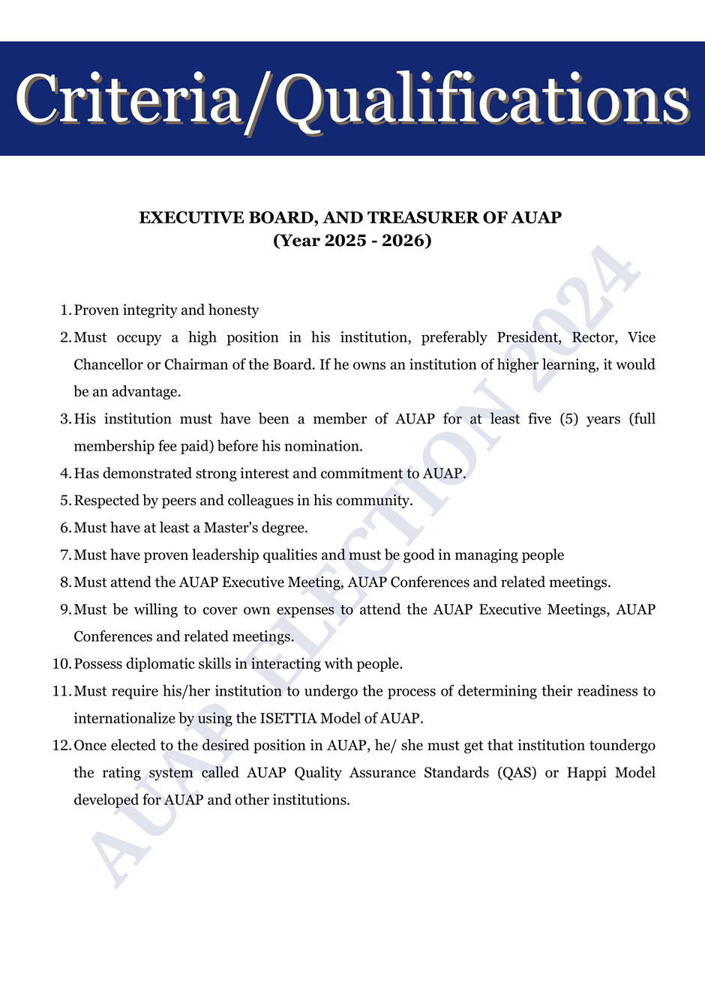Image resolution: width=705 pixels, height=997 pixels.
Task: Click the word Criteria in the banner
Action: click(x=128, y=99)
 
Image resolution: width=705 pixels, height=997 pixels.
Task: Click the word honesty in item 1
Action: click(x=233, y=310)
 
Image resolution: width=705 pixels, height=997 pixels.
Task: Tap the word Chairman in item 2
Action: click(x=199, y=365)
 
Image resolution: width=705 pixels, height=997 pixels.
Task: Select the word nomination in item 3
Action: click(x=325, y=446)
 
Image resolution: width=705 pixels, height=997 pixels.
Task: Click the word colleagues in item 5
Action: click(x=259, y=501)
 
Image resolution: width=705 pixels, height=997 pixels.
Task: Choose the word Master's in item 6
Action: click(x=229, y=528)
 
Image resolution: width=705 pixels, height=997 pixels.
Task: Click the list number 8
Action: click(x=65, y=582)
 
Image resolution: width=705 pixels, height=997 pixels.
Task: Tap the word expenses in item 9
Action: click(x=305, y=609)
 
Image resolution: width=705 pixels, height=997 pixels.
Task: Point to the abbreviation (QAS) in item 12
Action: click(x=517, y=773)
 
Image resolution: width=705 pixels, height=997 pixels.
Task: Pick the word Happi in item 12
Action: click(x=586, y=773)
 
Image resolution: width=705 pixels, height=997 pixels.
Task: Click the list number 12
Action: click(x=61, y=746)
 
